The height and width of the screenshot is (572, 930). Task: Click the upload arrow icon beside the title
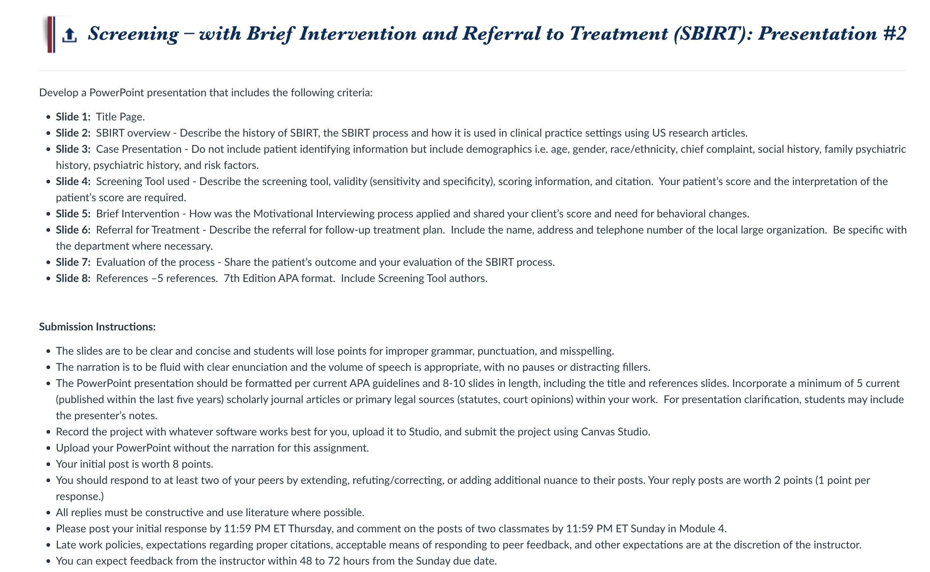click(x=69, y=35)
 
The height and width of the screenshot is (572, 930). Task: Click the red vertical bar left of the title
click(x=49, y=34)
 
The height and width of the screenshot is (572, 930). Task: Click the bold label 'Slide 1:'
click(x=73, y=117)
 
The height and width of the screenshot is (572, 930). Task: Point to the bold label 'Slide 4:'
click(x=73, y=182)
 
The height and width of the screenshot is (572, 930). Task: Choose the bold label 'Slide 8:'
click(x=73, y=279)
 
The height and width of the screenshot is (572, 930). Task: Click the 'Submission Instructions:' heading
click(x=97, y=327)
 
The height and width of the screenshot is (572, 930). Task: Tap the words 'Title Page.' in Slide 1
click(x=120, y=117)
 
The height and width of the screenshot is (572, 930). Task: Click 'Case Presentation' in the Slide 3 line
click(x=139, y=149)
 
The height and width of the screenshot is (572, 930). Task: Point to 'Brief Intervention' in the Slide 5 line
click(x=138, y=214)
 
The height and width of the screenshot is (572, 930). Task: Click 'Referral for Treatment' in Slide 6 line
click(x=147, y=230)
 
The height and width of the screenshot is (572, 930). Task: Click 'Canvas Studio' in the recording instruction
click(x=615, y=432)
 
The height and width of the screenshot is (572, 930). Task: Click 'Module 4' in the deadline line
click(x=702, y=529)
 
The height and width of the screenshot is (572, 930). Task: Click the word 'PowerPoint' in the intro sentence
click(x=116, y=93)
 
